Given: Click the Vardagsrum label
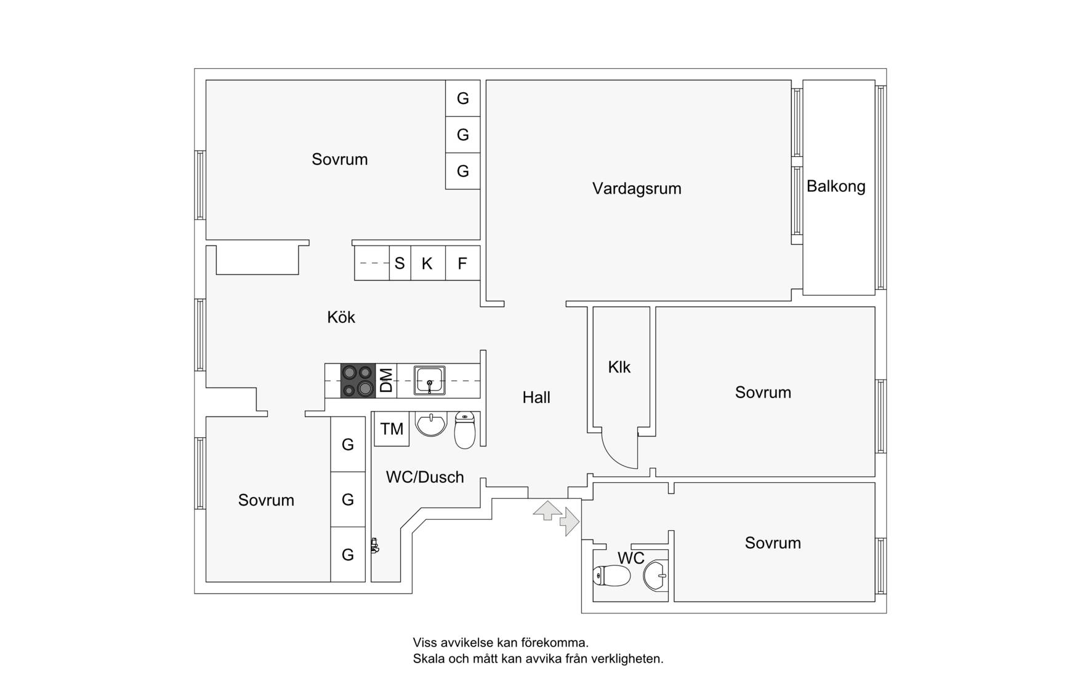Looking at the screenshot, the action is (637, 189).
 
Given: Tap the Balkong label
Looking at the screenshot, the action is (836, 186).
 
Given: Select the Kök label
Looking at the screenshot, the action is (341, 317).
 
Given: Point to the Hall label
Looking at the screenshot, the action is (536, 397).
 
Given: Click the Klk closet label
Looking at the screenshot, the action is (619, 367).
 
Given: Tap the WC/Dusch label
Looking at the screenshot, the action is (425, 477).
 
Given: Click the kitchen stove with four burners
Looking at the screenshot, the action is (358, 381).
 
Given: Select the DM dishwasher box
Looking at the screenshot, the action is (386, 381).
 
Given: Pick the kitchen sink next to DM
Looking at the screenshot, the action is (429, 380).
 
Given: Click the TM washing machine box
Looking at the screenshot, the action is (392, 429).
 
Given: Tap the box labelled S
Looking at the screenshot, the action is (400, 263).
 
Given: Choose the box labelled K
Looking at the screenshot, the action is (427, 263).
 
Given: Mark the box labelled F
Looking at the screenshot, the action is (462, 263).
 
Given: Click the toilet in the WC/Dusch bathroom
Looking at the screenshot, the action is (465, 430).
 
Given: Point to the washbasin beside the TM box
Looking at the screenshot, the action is (431, 424).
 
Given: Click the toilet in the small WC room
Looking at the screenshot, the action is (611, 576).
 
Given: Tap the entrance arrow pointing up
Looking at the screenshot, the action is (547, 511).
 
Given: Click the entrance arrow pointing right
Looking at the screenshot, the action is (570, 522).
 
